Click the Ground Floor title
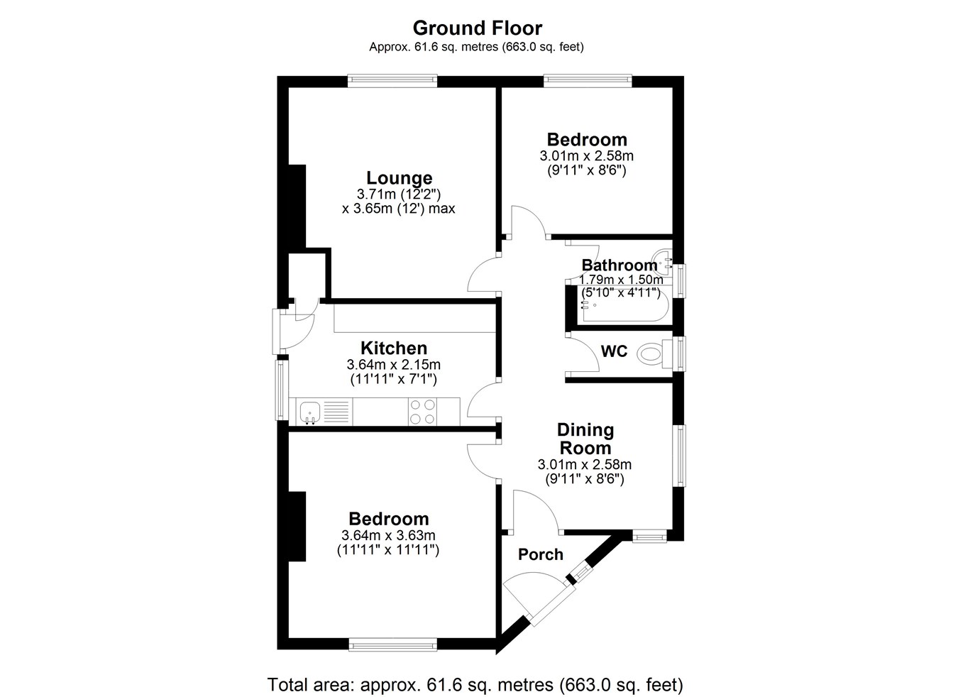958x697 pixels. pos(478,28)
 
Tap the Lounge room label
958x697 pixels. pos(400,177)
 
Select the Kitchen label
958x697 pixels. pos(394,348)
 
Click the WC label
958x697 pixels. pos(614,351)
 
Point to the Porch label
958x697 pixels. pos(541,554)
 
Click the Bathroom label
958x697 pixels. pos(620,265)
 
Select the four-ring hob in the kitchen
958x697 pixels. pos(422,411)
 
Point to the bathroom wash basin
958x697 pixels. pos(662,262)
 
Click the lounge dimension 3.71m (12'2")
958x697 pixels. pos(399,194)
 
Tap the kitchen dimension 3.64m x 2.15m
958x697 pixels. pos(393,365)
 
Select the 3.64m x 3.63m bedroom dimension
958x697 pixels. pos(388,535)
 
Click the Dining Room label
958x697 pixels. pos(585,439)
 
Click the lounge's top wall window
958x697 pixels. pos(392,82)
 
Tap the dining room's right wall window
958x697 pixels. pos(680,455)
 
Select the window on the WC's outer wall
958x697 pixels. pos(679,353)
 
